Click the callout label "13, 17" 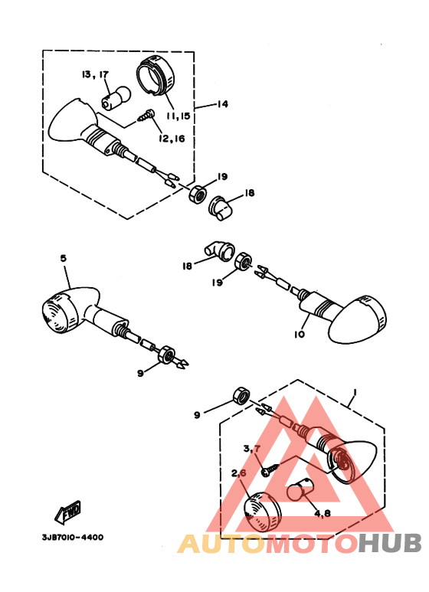tap(94, 74)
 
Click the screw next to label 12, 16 tap(146, 116)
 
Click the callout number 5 tap(63, 260)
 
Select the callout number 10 tap(299, 335)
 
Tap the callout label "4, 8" tap(322, 513)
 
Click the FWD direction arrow tap(70, 510)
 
